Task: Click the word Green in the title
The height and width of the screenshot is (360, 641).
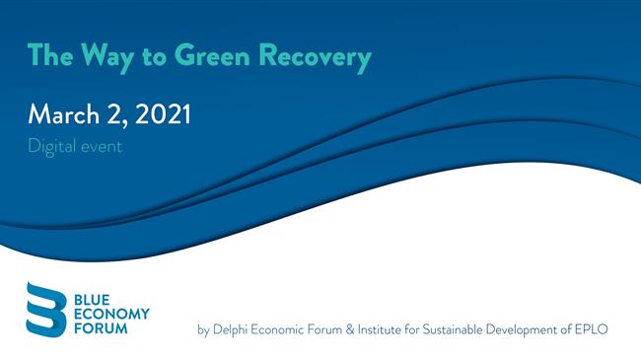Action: [211, 56]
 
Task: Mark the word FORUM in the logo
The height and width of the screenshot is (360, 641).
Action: [98, 327]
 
